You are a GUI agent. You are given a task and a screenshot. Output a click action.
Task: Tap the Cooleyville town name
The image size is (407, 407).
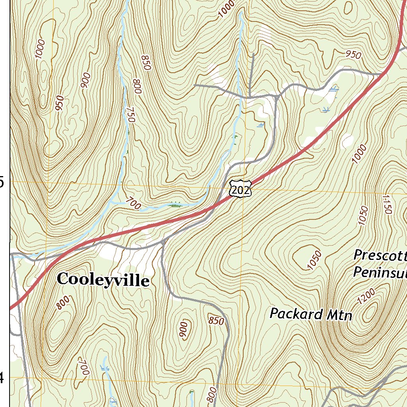point(103,280)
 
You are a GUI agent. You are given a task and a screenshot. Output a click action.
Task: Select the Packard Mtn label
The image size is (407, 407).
point(311,314)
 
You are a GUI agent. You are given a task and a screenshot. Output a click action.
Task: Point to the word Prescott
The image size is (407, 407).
point(380,255)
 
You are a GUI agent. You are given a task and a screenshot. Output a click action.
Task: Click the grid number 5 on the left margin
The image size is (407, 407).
point(2,182)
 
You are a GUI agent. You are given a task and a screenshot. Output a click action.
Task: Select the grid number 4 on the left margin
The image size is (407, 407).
point(2,378)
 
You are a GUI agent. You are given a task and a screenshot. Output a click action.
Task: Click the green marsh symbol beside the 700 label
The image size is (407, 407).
point(175,205)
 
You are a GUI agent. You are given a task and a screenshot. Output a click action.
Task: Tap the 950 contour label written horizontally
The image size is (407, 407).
point(353,54)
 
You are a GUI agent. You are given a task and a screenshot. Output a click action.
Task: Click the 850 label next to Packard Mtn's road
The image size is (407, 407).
point(216,321)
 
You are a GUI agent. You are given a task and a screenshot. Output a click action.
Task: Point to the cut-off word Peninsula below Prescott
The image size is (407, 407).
point(380,272)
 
